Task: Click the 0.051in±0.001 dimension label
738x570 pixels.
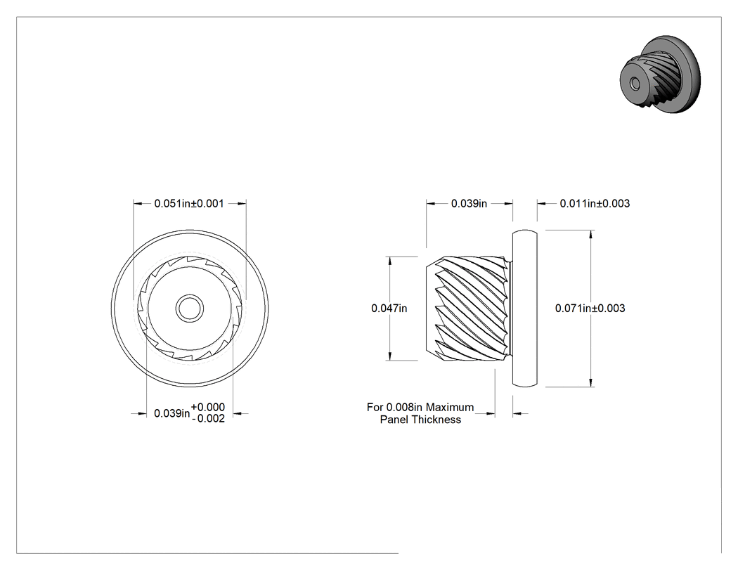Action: coord(189,203)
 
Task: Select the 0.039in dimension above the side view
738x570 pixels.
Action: coord(469,203)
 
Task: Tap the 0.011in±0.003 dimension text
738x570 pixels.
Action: coord(595,203)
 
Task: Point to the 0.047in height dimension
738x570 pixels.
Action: coord(389,309)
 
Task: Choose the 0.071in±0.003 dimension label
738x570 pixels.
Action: coord(590,309)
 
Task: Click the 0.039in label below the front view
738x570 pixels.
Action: coord(171,413)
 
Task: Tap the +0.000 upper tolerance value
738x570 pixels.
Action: coord(207,407)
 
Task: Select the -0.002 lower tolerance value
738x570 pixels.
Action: coord(209,418)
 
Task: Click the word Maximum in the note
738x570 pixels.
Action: coord(450,407)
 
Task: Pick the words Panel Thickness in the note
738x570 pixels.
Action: coord(420,420)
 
